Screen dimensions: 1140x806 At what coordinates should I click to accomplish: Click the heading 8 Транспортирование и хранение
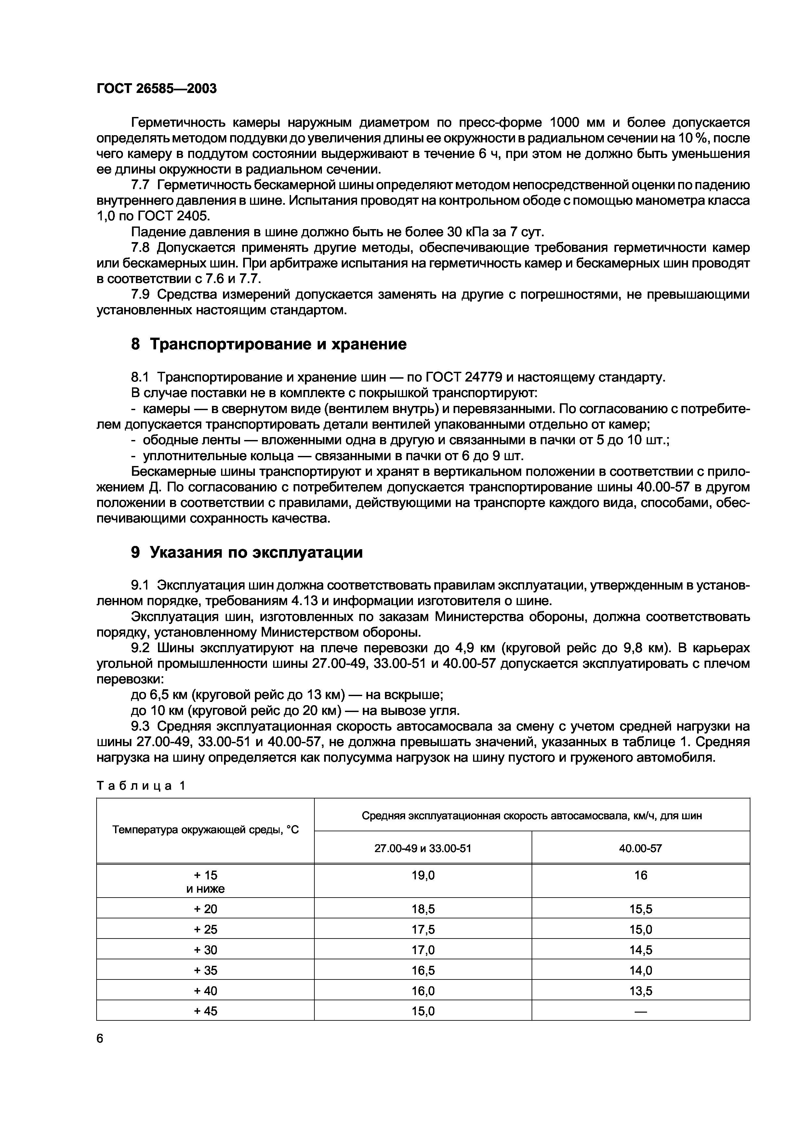(268, 343)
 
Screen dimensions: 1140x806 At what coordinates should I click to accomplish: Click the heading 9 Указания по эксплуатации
(246, 552)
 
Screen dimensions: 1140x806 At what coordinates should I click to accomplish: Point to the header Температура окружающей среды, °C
(205, 830)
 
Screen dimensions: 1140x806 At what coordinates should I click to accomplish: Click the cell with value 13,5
(640, 991)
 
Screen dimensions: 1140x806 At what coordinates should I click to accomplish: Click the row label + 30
(205, 950)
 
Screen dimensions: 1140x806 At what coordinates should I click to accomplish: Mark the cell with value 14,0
(640, 970)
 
